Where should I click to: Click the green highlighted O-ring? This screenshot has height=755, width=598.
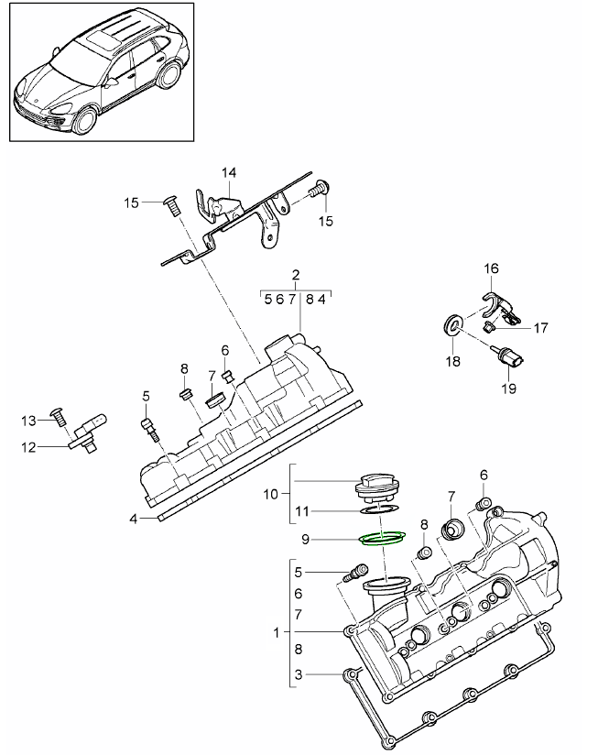pyautogui.click(x=383, y=538)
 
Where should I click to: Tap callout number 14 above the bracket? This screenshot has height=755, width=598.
pyautogui.click(x=228, y=172)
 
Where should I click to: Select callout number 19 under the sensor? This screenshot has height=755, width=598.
pyautogui.click(x=508, y=388)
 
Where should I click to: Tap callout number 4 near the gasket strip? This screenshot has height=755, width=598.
pyautogui.click(x=133, y=518)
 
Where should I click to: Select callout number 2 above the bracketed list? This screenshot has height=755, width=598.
pyautogui.click(x=296, y=275)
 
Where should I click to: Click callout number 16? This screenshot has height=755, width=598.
pyautogui.click(x=492, y=268)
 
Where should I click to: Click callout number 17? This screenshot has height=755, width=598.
pyautogui.click(x=540, y=326)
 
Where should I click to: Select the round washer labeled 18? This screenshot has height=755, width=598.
pyautogui.click(x=451, y=326)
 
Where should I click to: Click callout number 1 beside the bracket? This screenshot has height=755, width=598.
pyautogui.click(x=277, y=632)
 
